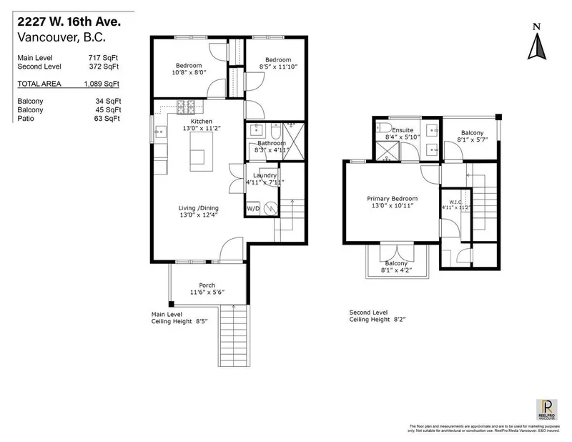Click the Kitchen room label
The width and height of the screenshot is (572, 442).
point(202,122)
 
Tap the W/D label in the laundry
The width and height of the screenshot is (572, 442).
point(252,208)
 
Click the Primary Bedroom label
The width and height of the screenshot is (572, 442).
point(392,199)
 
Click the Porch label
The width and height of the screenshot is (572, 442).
point(207,284)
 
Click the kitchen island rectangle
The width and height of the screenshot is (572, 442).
point(202,151)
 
